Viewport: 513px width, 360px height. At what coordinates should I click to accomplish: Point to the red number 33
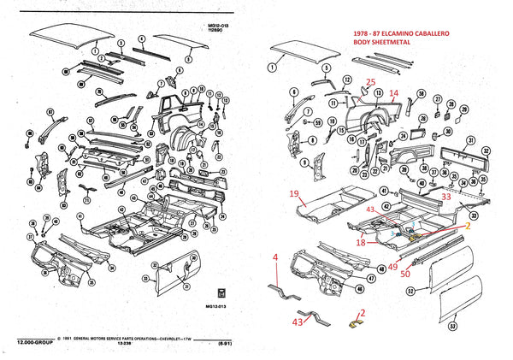pyautogui.click(x=445, y=197)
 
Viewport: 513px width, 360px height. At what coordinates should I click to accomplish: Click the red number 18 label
pyautogui.click(x=362, y=243)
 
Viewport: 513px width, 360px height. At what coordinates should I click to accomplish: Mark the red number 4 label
pyautogui.click(x=274, y=257)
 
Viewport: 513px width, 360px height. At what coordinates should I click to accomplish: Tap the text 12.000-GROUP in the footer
pyautogui.click(x=34, y=343)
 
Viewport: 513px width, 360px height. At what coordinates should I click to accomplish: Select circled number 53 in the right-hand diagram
pyautogui.click(x=452, y=326)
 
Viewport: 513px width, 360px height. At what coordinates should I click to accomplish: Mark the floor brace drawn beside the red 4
pyautogui.click(x=279, y=286)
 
